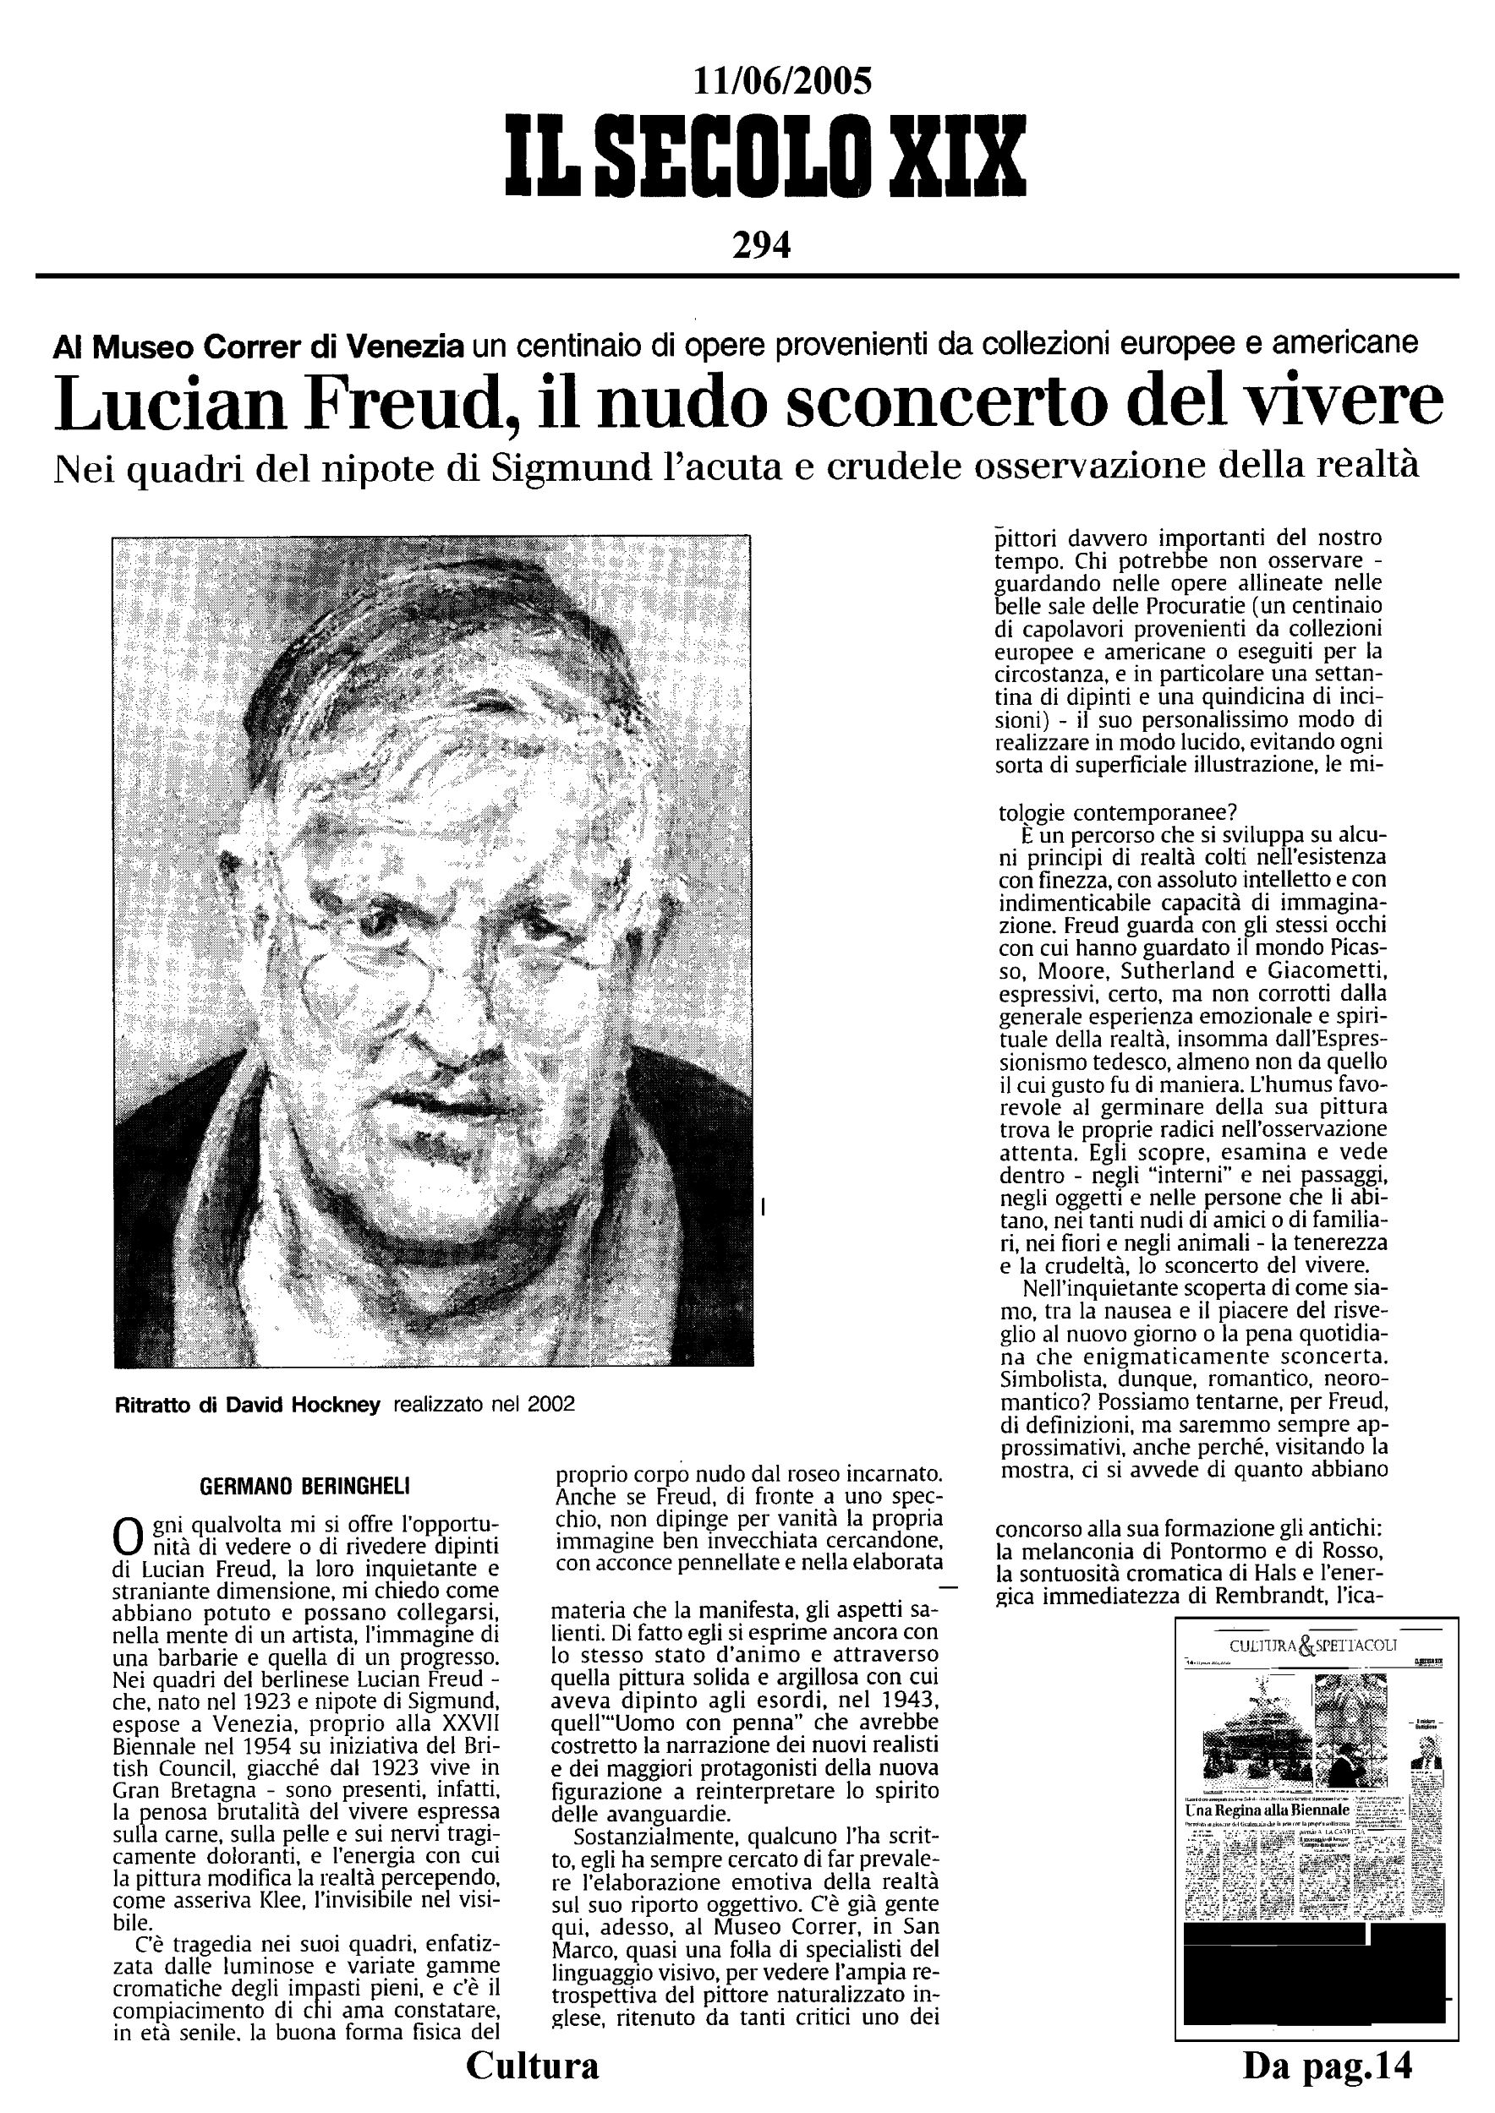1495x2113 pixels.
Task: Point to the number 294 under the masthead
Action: [x=761, y=245]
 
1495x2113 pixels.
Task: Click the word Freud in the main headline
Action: [x=413, y=406]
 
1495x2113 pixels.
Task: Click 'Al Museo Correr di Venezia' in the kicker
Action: [x=259, y=346]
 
